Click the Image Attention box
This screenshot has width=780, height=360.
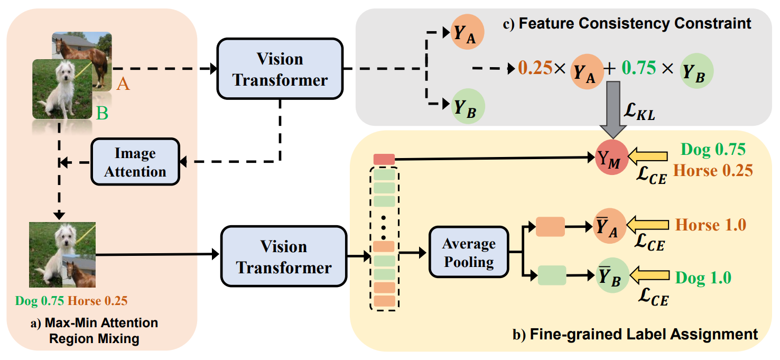[x=135, y=162]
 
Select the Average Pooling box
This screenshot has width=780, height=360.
[x=469, y=252]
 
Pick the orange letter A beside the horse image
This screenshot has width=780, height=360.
[x=123, y=84]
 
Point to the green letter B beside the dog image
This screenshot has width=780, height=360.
[x=103, y=113]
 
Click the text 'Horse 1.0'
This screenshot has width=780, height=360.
[x=711, y=225]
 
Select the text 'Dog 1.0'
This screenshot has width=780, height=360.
[x=703, y=278]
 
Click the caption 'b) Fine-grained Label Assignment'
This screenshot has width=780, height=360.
[x=635, y=334]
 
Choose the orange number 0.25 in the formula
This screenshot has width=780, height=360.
[x=535, y=68]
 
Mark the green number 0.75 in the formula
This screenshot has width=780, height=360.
[x=638, y=68]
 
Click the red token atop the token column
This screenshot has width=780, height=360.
[x=384, y=159]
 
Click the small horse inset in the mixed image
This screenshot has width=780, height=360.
[x=79, y=270]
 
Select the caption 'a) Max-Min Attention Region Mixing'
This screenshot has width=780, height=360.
[x=94, y=330]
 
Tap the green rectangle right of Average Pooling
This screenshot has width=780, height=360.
[x=552, y=275]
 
